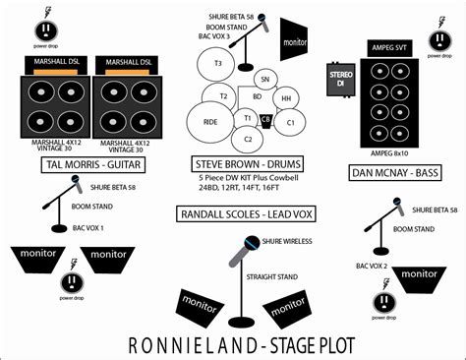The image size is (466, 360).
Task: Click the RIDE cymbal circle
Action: coord(210,121)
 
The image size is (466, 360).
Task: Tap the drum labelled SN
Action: coord(264,79)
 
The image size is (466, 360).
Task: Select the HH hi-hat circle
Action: coord(285,98)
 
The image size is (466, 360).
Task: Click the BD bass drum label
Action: coord(257,96)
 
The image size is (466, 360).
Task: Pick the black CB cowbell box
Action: coord(265,120)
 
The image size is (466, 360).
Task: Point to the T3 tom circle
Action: coord(218,62)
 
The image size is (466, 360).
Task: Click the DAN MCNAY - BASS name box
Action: coord(397,173)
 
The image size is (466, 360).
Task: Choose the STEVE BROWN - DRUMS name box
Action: coord(248,163)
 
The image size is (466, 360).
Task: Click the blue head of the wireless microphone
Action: coord(254,243)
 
